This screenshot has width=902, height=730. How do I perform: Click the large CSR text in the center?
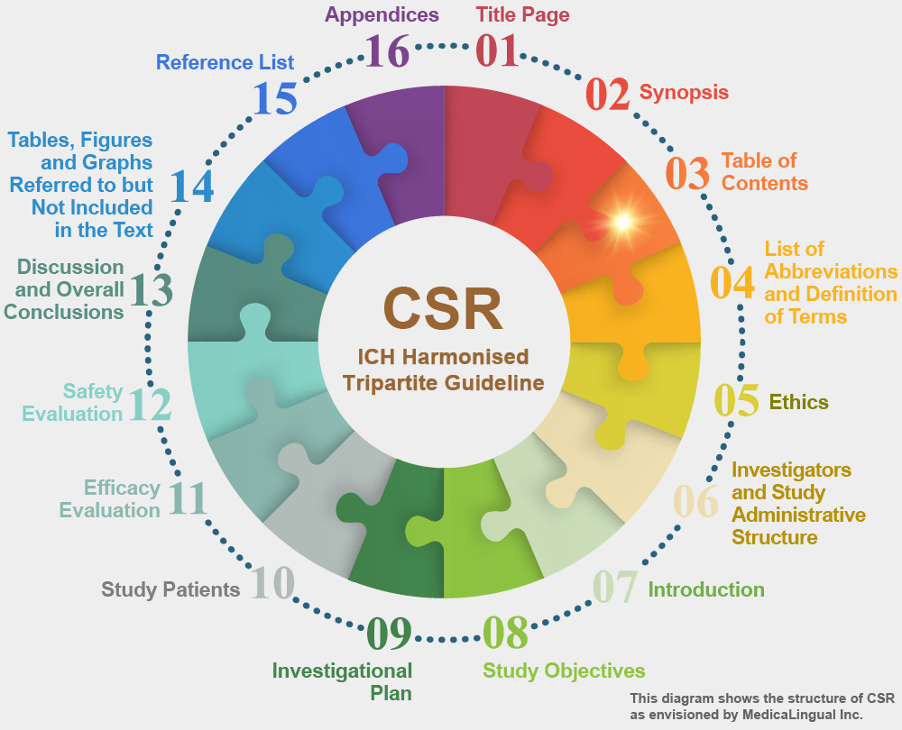[x=443, y=308]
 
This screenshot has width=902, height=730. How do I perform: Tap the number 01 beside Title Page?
[x=497, y=50]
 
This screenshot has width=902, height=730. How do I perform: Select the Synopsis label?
[x=684, y=92]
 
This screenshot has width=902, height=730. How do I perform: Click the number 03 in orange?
[x=687, y=173]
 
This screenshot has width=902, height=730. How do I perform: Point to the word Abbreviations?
[x=831, y=271]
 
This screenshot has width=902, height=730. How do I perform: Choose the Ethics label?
[x=798, y=402]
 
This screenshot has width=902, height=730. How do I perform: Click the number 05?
[x=736, y=400]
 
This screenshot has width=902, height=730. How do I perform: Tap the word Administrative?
[x=798, y=515]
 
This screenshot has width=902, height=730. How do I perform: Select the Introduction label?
[x=706, y=589]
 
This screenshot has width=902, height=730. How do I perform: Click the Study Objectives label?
[x=564, y=671]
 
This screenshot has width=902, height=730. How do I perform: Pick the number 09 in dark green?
[x=389, y=633]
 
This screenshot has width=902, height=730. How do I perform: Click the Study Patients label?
[x=170, y=589]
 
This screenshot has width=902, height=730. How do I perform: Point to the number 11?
[x=188, y=497]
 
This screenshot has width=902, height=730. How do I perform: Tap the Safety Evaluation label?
[x=72, y=402]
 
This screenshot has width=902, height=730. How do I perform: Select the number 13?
[x=151, y=289]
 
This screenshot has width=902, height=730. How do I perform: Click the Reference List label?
[x=225, y=62]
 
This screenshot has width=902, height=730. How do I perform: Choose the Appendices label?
[x=382, y=15]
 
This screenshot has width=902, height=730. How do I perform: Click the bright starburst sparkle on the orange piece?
[x=623, y=222]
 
